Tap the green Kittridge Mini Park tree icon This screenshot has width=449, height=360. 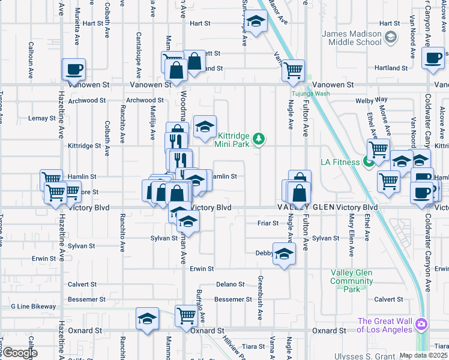[x=259, y=139]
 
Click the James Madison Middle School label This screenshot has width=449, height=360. [x=352, y=38]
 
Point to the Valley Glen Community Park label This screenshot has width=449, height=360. [x=352, y=281]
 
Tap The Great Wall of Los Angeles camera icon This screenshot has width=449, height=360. [x=422, y=324]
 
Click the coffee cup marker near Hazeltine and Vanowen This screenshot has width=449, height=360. [x=74, y=70]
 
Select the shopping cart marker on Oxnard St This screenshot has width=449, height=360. [x=186, y=316]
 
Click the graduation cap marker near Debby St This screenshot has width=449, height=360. [x=284, y=253]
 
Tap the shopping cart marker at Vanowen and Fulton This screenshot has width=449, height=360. [x=293, y=71]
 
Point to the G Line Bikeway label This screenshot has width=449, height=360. [x=34, y=306]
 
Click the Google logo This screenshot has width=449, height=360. [x=19, y=353]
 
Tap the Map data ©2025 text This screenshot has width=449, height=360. [x=423, y=355]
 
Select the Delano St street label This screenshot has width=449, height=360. [x=230, y=284]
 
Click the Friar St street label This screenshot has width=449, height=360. [x=268, y=223]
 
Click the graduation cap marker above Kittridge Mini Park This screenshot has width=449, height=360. [x=205, y=127]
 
